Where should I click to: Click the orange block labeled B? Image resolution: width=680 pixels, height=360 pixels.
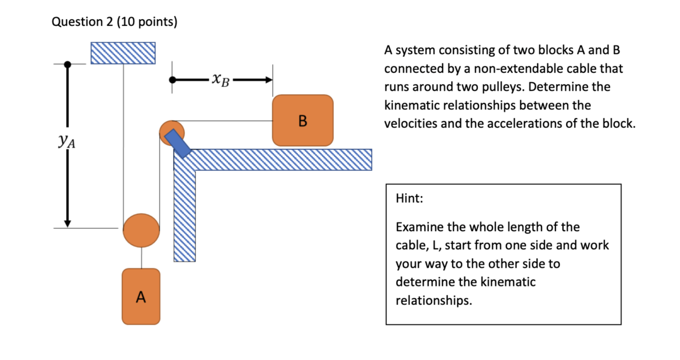click(x=303, y=120)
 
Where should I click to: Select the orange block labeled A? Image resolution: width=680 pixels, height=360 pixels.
click(x=141, y=297)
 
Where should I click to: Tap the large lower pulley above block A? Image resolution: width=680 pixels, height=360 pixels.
click(x=141, y=231)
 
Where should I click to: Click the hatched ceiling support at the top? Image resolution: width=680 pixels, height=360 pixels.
click(x=123, y=53)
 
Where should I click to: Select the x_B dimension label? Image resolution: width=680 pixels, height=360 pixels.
click(x=220, y=80)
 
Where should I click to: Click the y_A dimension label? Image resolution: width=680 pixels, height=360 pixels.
click(x=67, y=142)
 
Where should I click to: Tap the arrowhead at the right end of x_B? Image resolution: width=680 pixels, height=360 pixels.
click(x=269, y=80)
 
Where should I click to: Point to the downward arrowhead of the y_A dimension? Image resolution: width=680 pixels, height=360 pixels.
click(x=68, y=223)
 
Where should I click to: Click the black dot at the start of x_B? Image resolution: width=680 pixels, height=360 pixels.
click(x=172, y=80)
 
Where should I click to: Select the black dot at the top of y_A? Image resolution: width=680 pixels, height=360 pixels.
click(x=68, y=65)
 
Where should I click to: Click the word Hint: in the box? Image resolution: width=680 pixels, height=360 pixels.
click(x=409, y=198)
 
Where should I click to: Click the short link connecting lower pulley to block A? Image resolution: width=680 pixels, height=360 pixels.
click(x=142, y=258)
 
